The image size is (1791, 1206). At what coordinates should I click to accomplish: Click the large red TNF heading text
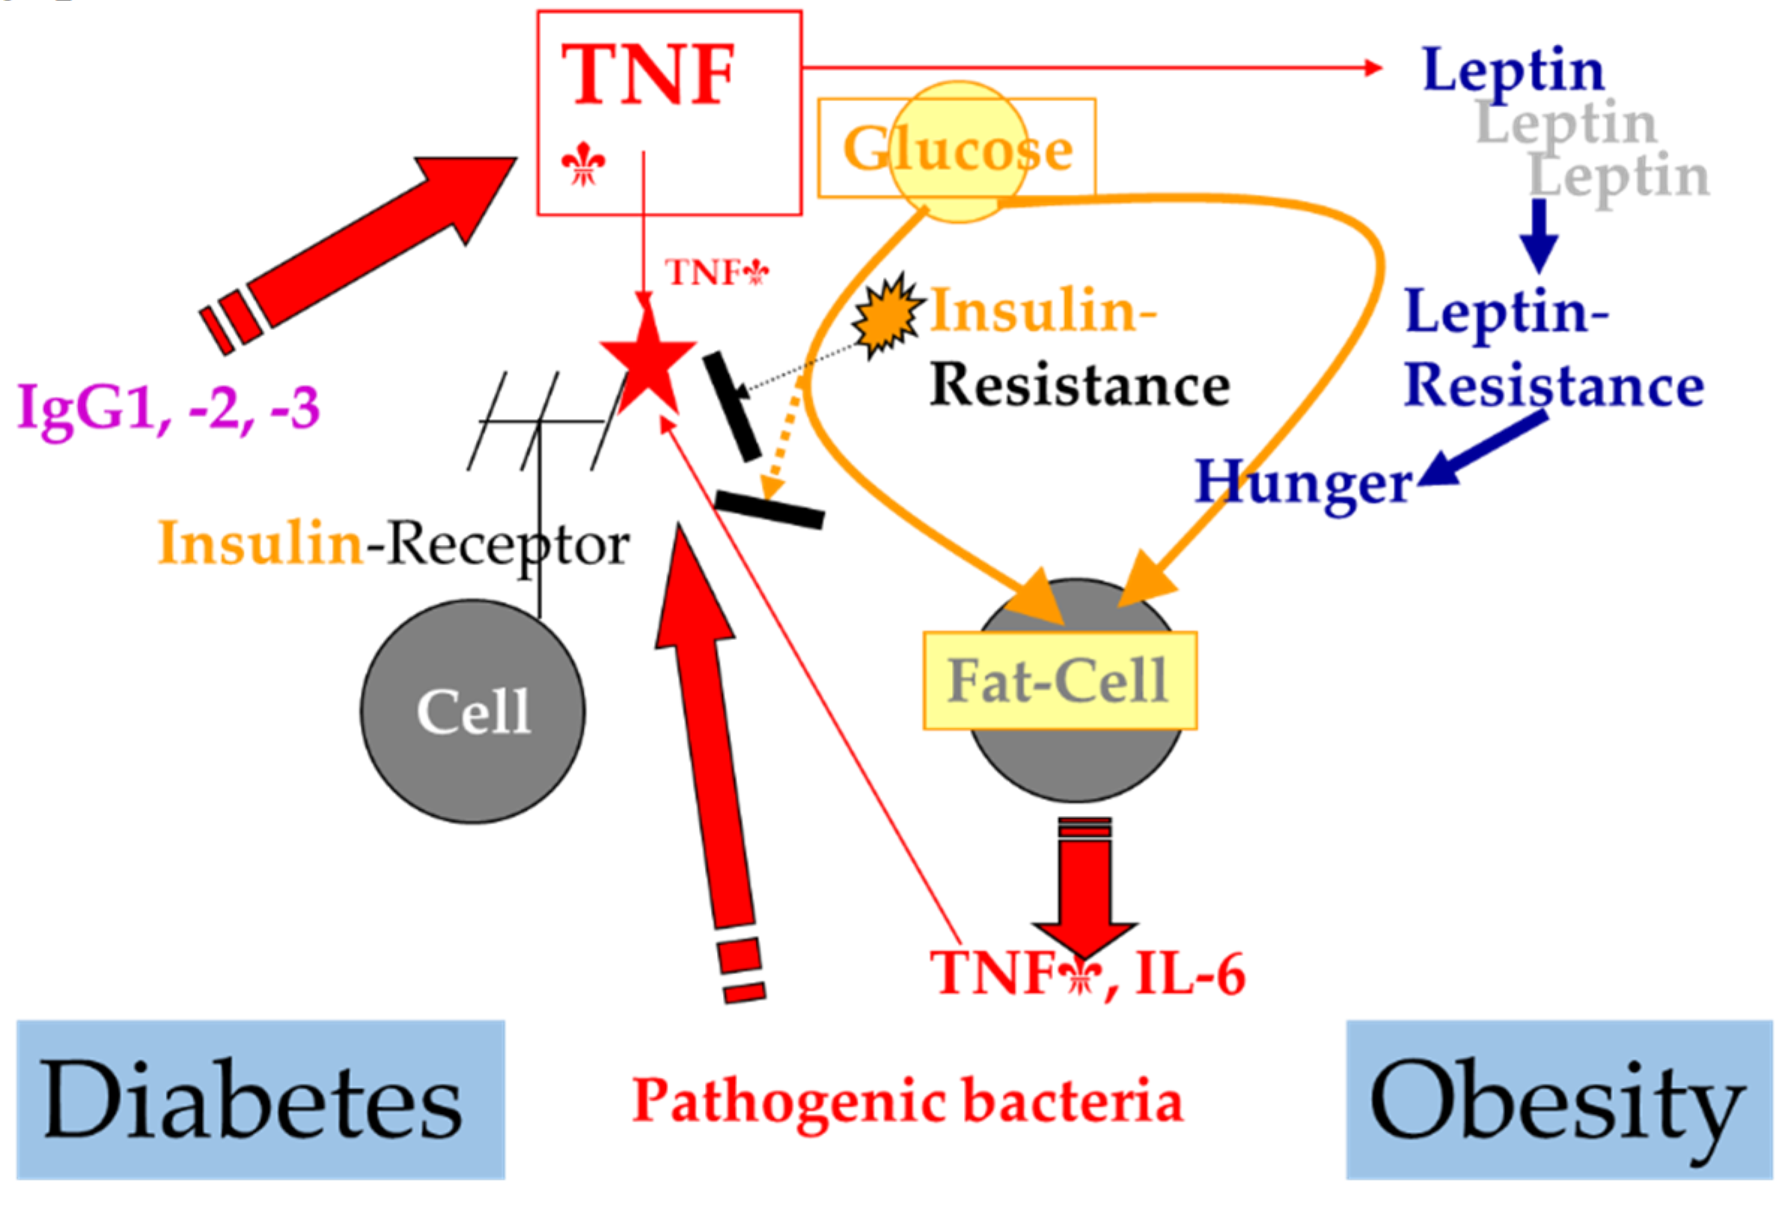647,75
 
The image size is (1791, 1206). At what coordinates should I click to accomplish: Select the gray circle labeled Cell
472,711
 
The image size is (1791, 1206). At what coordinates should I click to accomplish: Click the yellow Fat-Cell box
1059,680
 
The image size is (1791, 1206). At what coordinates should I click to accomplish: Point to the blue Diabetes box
260,1099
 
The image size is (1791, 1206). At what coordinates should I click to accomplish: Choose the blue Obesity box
1559,1099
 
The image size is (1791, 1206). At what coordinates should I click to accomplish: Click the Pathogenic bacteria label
906,1100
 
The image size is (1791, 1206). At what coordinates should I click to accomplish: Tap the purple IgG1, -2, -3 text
168,409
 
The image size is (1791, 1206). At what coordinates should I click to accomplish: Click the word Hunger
1303,483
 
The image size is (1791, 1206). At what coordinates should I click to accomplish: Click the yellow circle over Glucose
957,151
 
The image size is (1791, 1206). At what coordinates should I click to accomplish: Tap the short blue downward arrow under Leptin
1539,234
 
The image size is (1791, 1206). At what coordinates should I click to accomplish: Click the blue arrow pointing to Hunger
1484,449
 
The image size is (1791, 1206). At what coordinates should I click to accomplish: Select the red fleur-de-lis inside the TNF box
583,164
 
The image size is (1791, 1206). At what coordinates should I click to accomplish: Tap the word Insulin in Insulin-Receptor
260,543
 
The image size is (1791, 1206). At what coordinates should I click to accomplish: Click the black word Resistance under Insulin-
1079,386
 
